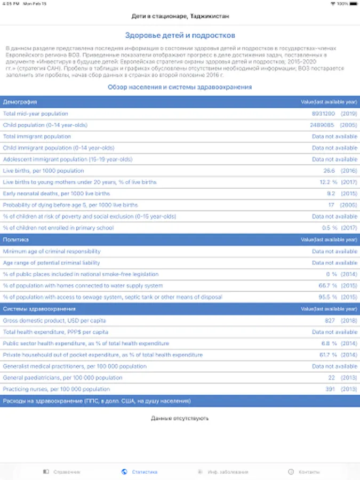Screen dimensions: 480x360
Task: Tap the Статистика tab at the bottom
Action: (140, 471)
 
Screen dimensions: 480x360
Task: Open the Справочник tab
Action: (62, 471)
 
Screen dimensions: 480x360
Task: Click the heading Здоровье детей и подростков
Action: (180, 36)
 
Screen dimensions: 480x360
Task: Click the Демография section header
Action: (20, 101)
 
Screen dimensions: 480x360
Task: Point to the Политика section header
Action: (16, 239)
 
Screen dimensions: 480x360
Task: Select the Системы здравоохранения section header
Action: (39, 309)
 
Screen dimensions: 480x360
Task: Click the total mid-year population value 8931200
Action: (323, 114)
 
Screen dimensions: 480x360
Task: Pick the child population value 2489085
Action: (322, 125)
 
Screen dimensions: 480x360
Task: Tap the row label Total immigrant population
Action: (37, 137)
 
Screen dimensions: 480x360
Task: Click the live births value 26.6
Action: (329, 171)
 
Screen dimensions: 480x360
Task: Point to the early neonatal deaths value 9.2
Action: (331, 194)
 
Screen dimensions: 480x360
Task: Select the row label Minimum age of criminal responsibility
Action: (52, 251)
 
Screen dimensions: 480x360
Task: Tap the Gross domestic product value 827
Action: (330, 321)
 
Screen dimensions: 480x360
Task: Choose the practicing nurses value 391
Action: (331, 389)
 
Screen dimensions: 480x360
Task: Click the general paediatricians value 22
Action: (332, 378)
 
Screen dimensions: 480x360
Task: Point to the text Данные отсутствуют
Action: (180, 418)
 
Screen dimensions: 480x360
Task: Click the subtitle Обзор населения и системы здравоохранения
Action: (180, 87)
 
